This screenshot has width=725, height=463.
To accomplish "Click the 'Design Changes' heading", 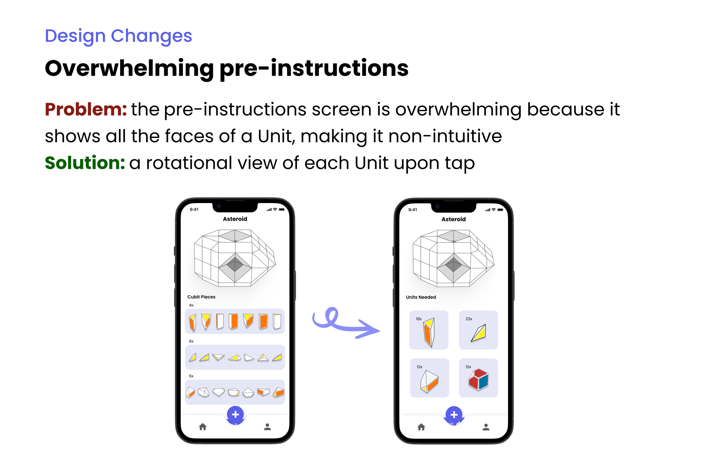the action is click(x=118, y=36).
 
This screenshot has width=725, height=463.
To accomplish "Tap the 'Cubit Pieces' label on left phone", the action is click(x=201, y=297).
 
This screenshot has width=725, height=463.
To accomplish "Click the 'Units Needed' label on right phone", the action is click(x=420, y=297).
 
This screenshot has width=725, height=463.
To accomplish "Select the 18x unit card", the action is click(x=428, y=330).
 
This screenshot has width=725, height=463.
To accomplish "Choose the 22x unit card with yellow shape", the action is click(x=478, y=330).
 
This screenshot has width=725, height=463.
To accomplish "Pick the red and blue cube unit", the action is click(x=478, y=378).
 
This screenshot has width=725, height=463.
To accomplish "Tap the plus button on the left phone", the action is click(x=235, y=415).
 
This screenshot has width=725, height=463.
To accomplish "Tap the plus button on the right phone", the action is click(x=454, y=415).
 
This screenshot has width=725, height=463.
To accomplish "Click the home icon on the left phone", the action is click(x=203, y=427).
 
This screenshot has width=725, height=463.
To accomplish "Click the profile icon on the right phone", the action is click(x=486, y=427).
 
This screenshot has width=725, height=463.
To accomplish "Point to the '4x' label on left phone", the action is click(x=191, y=305).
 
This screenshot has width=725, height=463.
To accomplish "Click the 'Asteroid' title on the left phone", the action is click(x=235, y=219).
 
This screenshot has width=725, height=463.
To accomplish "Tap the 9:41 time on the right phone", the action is click(x=412, y=210).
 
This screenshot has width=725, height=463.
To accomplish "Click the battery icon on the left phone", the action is click(x=282, y=210).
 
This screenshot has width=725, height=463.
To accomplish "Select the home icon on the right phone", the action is click(x=421, y=427).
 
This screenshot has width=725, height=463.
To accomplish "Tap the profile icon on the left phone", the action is click(x=267, y=427).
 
